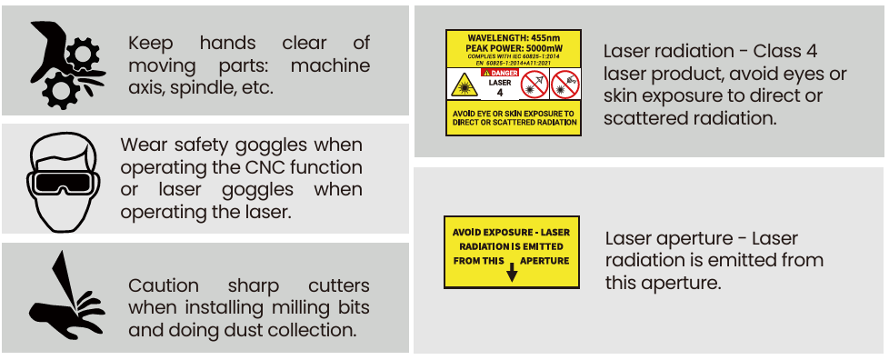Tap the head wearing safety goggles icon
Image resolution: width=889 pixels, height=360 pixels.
[x=63, y=182]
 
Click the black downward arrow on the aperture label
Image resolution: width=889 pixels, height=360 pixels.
[x=512, y=272]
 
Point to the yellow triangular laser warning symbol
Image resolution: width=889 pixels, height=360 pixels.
[x=464, y=85]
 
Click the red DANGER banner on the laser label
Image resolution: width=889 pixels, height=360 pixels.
[x=500, y=73]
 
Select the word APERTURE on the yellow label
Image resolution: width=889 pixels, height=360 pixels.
[x=544, y=261]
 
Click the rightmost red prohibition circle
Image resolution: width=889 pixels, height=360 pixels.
[x=564, y=84]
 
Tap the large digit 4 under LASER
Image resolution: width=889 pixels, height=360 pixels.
[x=500, y=93]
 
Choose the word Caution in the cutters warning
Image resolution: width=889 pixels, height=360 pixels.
[x=164, y=285]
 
